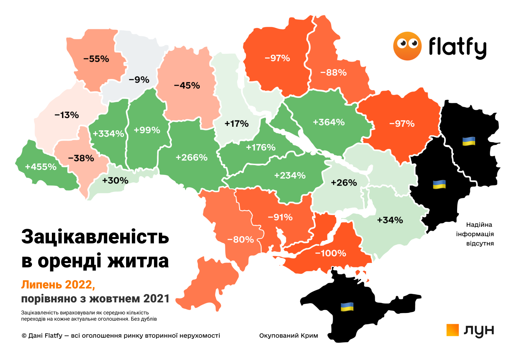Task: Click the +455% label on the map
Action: coord(41,167)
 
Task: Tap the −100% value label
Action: coord(331,253)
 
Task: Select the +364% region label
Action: coord(329,122)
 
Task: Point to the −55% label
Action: coord(96,59)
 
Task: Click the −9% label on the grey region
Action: coord(139,80)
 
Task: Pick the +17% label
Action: coord(237,124)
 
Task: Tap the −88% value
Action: coord(334,73)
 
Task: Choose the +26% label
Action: coord(344,183)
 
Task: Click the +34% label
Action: coord(390,220)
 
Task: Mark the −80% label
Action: coord(240,240)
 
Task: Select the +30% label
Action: coord(115,181)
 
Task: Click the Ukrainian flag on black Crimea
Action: coord(347,307)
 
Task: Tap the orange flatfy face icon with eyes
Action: coord(407,46)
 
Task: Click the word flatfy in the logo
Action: coord(457,47)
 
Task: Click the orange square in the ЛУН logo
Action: coord(453,330)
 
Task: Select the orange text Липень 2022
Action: coord(58,284)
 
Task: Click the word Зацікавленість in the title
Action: coord(95,237)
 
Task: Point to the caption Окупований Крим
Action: coord(288,336)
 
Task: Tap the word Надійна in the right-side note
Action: coord(479,225)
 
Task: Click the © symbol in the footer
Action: coord(24,336)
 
